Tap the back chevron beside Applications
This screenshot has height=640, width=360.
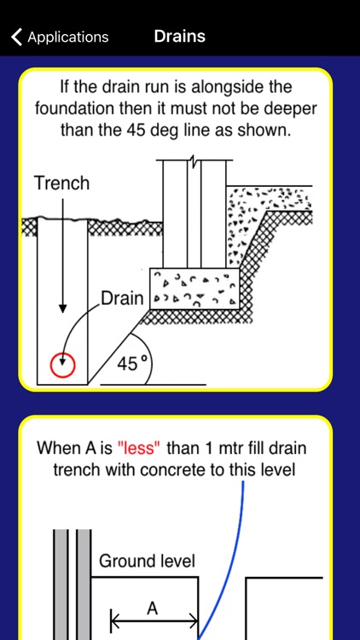click(16, 37)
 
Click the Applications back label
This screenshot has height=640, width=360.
click(68, 38)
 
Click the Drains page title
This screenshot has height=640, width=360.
click(180, 37)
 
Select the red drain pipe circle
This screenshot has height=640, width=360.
click(62, 364)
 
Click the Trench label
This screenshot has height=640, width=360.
click(61, 183)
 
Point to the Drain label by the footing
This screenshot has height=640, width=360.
click(123, 299)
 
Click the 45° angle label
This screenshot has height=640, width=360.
click(131, 364)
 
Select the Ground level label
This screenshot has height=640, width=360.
click(147, 561)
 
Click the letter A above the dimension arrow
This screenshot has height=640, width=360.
click(152, 608)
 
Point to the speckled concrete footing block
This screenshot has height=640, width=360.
click(195, 288)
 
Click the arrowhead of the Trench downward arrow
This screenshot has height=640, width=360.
click(62, 309)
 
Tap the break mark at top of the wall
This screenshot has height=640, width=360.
click(195, 163)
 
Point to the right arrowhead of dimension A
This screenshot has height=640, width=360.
click(194, 622)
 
